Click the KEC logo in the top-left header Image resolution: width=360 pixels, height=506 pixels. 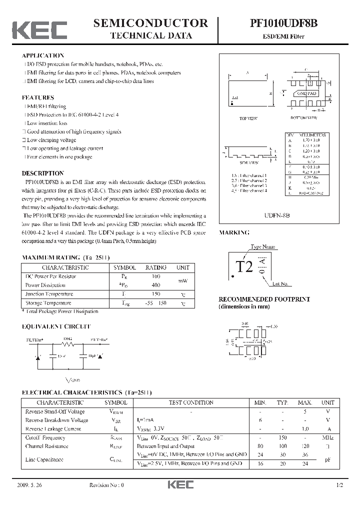(39, 30)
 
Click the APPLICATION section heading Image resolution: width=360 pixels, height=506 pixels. (43, 55)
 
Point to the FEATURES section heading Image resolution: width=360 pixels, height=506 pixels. (38, 97)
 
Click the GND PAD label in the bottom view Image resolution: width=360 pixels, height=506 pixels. (307, 93)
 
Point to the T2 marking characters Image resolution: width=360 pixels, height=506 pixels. (244, 267)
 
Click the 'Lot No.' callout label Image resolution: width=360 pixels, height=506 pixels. (280, 284)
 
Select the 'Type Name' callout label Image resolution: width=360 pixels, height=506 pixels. (263, 247)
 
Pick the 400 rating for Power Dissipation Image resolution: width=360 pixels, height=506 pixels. (155, 284)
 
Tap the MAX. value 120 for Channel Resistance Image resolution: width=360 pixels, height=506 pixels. (305, 446)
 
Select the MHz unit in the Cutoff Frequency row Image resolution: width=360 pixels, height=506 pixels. (327, 437)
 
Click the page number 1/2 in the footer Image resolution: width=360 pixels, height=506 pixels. (340, 485)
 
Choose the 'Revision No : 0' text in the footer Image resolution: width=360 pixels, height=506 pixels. (106, 485)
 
